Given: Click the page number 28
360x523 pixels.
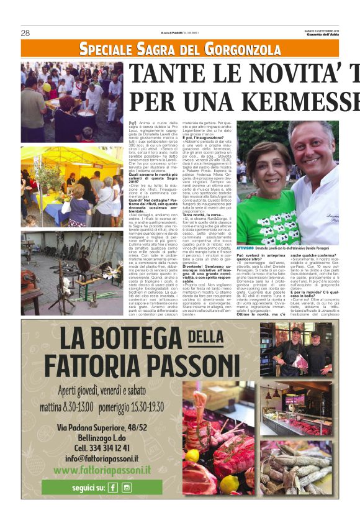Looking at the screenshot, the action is (x=25, y=33).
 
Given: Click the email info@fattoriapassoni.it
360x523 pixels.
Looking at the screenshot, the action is (x=102, y=458).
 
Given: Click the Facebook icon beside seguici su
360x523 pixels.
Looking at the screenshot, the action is (x=113, y=488).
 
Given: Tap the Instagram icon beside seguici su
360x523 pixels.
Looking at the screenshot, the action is (x=126, y=488).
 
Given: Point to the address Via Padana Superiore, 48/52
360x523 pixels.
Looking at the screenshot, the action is (x=102, y=427).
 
